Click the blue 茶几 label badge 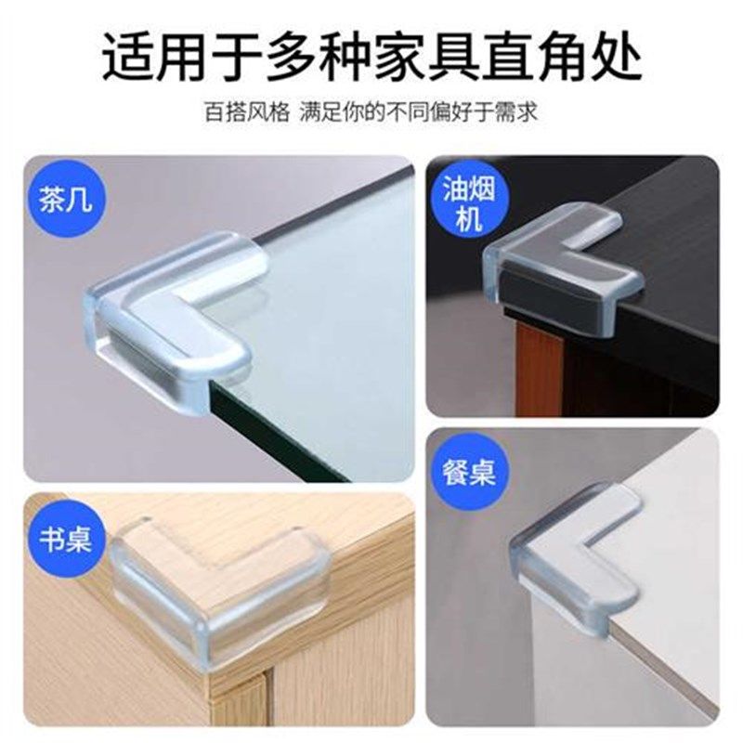pyautogui.click(x=67, y=201)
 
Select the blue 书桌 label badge pyautogui.click(x=67, y=539)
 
